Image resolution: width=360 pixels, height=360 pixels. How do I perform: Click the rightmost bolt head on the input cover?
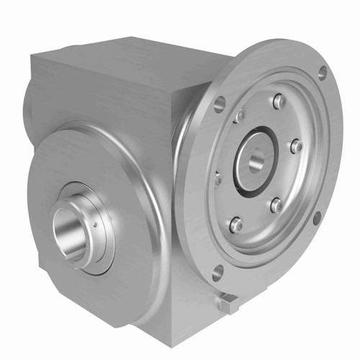coord(295,145)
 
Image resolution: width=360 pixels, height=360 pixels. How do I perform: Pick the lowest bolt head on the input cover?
coord(235,225)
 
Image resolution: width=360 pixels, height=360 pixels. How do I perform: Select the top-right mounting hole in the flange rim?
coord(322,72)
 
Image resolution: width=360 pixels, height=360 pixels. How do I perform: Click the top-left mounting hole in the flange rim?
coord(220,102)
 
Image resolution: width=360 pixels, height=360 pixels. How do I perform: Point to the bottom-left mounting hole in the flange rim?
coord(217,271)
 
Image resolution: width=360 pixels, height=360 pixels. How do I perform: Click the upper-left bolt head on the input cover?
coord(240,115)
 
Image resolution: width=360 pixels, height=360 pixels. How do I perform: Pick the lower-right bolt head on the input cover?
coord(276,205)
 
